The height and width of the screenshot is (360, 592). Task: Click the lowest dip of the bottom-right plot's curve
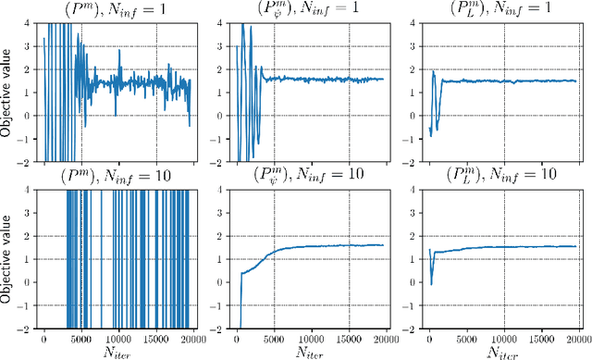click(431, 283)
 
